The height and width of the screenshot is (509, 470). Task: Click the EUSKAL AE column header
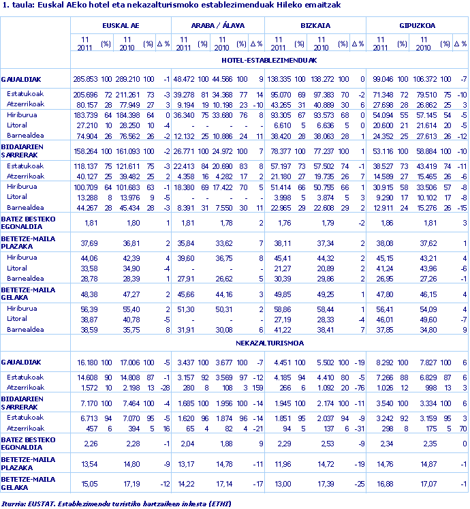tap(121, 25)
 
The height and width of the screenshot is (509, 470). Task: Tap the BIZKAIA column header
tap(315, 25)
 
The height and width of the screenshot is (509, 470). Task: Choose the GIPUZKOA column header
tap(417, 25)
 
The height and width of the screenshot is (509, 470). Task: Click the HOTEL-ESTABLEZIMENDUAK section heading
tap(270, 60)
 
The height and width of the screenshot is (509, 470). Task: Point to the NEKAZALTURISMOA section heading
tap(270, 343)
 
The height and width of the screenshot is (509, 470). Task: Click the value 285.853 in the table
tap(86, 79)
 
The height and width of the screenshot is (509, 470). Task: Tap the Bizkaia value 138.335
tap(279, 79)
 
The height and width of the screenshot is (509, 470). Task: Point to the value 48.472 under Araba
tap(184, 79)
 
